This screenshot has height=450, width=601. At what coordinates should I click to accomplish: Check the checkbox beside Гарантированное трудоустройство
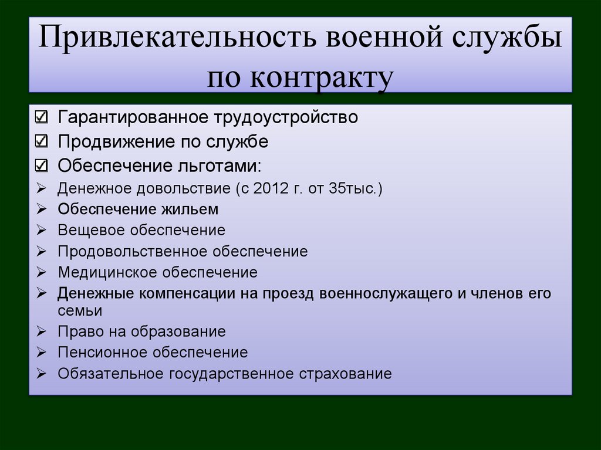[x=42, y=117]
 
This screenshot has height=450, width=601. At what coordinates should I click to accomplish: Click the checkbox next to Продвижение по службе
[x=42, y=141]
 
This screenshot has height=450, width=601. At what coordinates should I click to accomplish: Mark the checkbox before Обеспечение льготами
[x=42, y=165]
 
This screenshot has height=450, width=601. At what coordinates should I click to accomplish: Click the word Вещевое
[x=92, y=231]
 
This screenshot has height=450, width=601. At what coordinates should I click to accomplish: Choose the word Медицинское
[x=108, y=272]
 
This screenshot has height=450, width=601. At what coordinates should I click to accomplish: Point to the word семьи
[x=80, y=310]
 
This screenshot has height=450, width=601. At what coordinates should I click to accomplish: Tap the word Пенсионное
[x=103, y=353]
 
